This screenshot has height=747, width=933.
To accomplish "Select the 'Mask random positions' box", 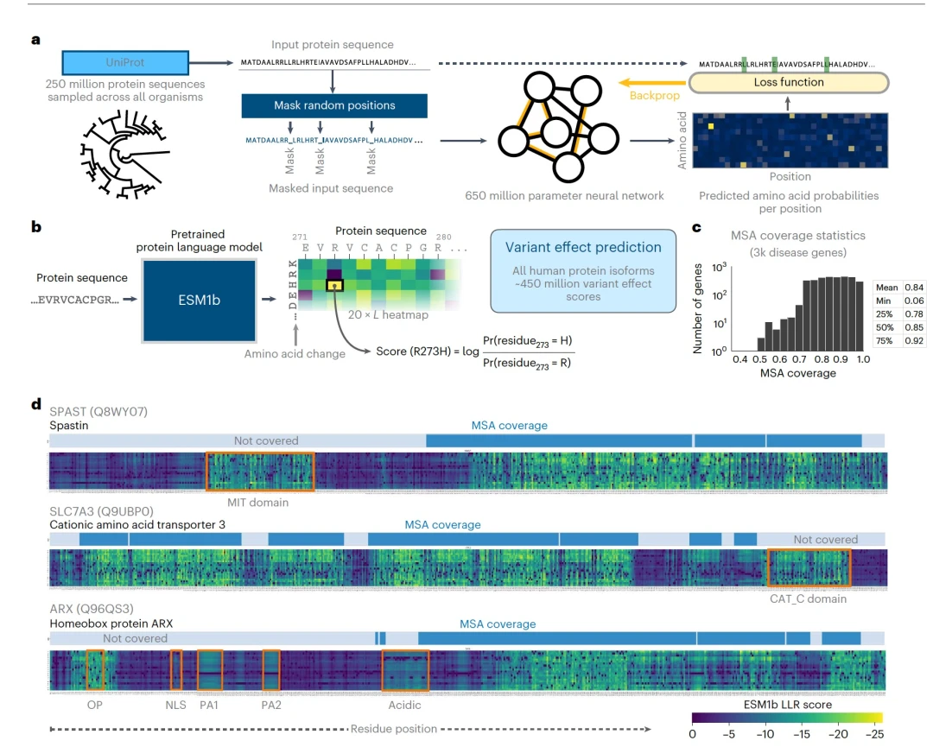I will [334, 105].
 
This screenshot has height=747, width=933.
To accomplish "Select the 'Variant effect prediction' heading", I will [583, 247].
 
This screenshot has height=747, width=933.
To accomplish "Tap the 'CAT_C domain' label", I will [808, 598].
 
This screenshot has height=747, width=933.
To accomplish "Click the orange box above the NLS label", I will [176, 669].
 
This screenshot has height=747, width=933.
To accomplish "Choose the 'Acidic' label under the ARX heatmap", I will [404, 705].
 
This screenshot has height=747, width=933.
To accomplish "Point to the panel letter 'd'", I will [35, 402].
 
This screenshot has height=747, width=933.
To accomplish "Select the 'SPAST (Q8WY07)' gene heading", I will [98, 412].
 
